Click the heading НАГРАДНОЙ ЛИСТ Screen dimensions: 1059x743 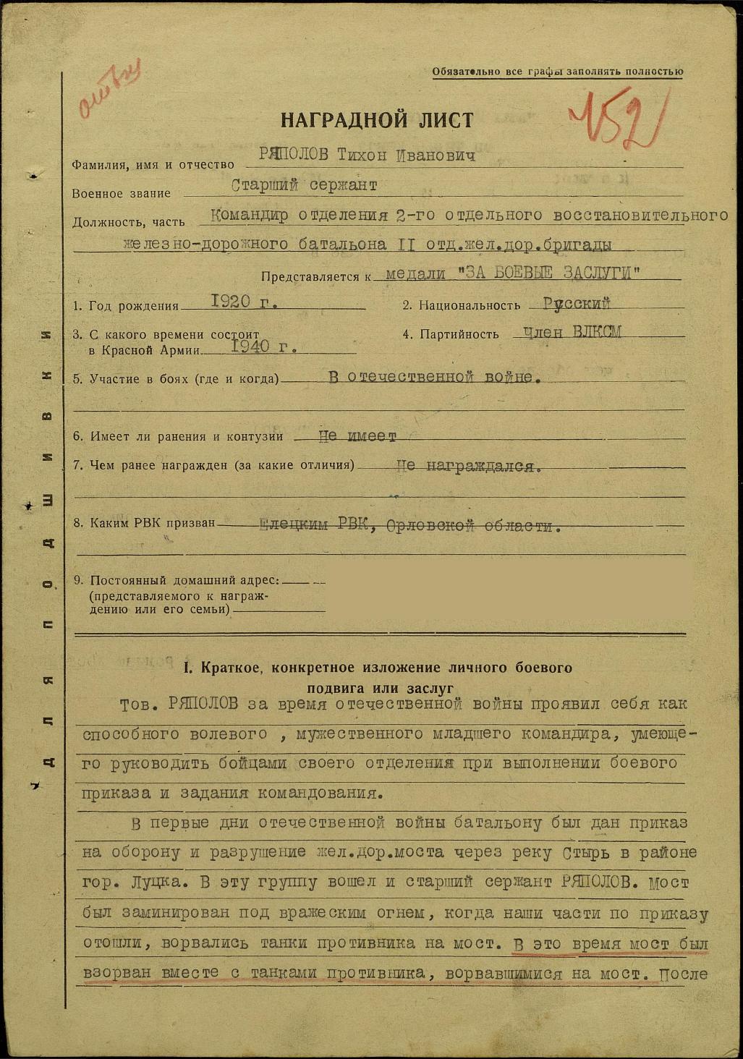[x=377, y=119]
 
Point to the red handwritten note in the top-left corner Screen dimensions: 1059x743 [x=109, y=88]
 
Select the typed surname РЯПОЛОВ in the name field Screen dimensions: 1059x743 [x=294, y=156]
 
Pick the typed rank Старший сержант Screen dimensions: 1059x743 [x=304, y=186]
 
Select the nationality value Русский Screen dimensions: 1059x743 [x=577, y=304]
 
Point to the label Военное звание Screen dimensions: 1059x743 [x=122, y=194]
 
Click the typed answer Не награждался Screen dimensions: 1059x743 [x=470, y=466]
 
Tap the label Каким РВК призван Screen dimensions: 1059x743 [x=144, y=523]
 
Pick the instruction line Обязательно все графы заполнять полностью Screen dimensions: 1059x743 [x=557, y=72]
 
